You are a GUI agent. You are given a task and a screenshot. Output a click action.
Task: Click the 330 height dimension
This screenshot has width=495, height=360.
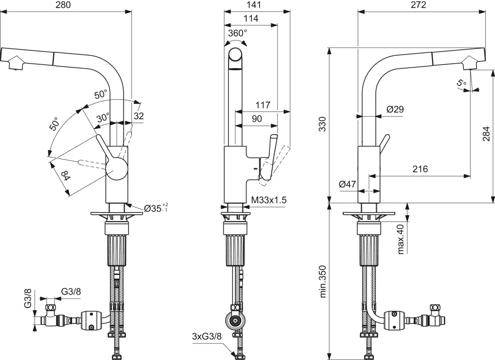pyautogui.click(x=323, y=124)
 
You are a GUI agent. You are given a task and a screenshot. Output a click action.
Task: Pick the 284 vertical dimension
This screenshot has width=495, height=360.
pyautogui.click(x=486, y=134)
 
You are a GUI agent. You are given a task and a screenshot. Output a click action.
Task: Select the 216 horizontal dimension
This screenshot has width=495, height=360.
pyautogui.click(x=420, y=169)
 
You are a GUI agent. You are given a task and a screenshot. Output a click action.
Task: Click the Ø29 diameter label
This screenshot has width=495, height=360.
pyautogui.click(x=395, y=109)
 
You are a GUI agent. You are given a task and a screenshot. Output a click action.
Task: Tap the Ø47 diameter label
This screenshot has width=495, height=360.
pyautogui.click(x=347, y=184)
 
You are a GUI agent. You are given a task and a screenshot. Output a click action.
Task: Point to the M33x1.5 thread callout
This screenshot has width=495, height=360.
pyautogui.click(x=269, y=200)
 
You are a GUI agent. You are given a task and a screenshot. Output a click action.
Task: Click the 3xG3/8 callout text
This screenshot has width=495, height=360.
pyautogui.click(x=207, y=336)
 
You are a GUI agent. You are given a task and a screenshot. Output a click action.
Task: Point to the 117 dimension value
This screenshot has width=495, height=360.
pyautogui.click(x=262, y=105)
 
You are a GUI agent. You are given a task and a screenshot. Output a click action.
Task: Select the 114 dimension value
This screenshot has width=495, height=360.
pyautogui.click(x=251, y=19)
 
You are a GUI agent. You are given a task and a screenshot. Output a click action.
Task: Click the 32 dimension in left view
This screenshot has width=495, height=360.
pyautogui.click(x=139, y=116)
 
